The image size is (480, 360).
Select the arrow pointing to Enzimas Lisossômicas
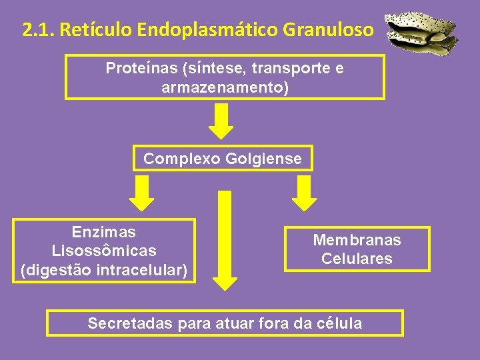pyautogui.click(x=141, y=192)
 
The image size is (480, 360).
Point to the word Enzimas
pyautogui.click(x=103, y=233)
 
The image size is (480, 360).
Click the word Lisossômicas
pyautogui.click(x=103, y=251)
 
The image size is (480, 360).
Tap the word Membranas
pyautogui.click(x=357, y=240)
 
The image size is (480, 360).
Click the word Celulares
pyautogui.click(x=357, y=259)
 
